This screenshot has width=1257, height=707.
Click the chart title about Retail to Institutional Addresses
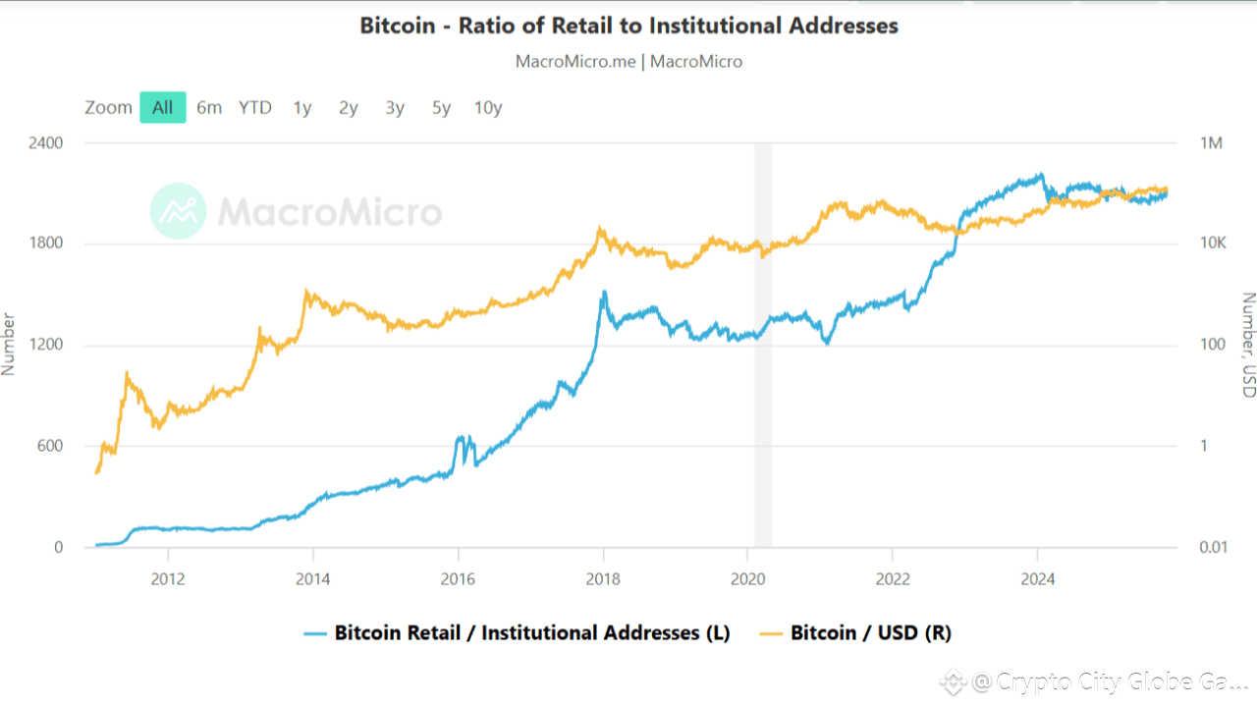pos(628,26)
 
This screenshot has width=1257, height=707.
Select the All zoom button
pos(162,107)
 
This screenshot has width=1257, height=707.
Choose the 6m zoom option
pos(209,107)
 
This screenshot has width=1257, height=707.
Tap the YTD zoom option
pos(255,107)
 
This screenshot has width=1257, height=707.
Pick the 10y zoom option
pos(488,107)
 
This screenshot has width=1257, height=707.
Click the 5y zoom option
pos(441,107)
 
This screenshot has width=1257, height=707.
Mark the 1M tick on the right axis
pos(1211,143)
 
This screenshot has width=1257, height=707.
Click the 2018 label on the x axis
pos(603,578)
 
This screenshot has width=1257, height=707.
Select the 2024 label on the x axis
pos(1038,578)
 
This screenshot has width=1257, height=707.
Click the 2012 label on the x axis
pos(168,578)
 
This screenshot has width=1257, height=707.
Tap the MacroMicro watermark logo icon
pos(178,211)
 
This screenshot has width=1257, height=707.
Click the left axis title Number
pos(9,344)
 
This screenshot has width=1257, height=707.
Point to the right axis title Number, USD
pos(1248,345)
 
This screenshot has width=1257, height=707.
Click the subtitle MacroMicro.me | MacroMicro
pos(628,61)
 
